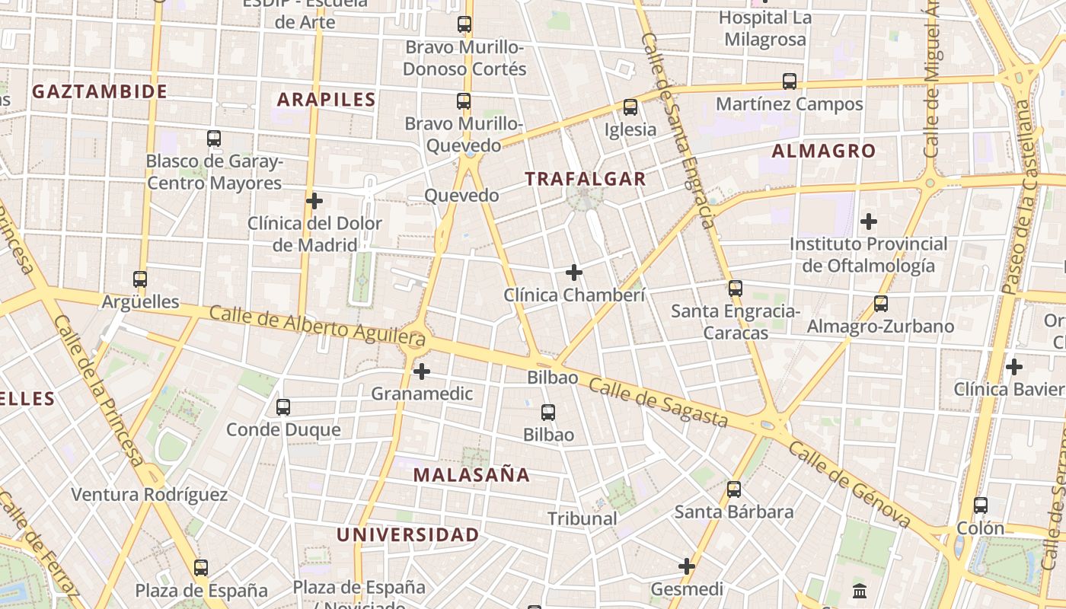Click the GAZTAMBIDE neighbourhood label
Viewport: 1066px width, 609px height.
[x=100, y=92]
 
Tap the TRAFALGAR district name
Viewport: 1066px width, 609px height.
[x=586, y=180]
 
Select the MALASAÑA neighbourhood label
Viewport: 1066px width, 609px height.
[x=471, y=475]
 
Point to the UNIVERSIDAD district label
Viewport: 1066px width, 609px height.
[x=408, y=535]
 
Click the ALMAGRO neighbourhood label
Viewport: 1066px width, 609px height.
[x=824, y=151]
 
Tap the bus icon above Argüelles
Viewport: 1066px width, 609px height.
[x=139, y=279]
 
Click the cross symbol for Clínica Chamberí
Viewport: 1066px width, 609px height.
[x=574, y=273]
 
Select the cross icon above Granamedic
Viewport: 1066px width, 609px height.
[x=421, y=371]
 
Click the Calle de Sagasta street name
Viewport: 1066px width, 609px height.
[x=659, y=403]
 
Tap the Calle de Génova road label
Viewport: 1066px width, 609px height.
[x=849, y=484]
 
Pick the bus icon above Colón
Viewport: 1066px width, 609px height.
[x=981, y=505]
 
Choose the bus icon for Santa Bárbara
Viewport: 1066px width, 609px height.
[x=734, y=489]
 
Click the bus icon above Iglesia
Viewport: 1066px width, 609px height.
[x=630, y=107]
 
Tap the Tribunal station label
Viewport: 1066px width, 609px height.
[x=582, y=519]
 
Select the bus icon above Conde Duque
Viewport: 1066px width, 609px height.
[x=283, y=407]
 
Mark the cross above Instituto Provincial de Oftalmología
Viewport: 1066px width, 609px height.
[x=869, y=222]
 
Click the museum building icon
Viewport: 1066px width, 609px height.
[x=860, y=590]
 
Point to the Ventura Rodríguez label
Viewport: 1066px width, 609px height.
[x=149, y=495]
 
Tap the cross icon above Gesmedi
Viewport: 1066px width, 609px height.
[x=687, y=566]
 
